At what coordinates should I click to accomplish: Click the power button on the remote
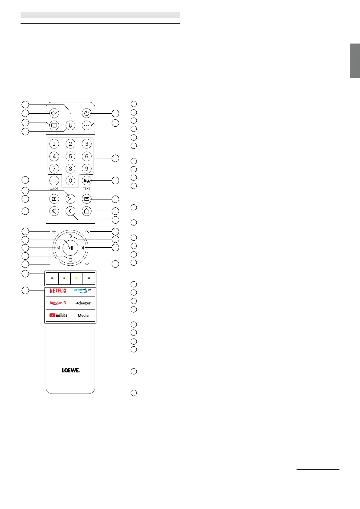click(x=87, y=113)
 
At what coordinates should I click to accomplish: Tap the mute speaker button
click(x=54, y=113)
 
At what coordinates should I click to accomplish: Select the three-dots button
click(x=87, y=125)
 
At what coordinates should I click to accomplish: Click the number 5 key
click(x=70, y=156)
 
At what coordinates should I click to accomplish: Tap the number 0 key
click(x=70, y=181)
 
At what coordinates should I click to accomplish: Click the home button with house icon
click(x=87, y=211)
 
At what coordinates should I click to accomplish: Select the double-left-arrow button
click(x=54, y=211)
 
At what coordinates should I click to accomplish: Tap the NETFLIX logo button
click(x=58, y=291)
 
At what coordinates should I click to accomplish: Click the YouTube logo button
click(x=58, y=315)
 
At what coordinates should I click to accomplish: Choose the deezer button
click(x=83, y=303)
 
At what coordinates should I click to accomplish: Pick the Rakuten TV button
click(x=58, y=303)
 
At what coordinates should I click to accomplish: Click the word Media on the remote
click(x=83, y=315)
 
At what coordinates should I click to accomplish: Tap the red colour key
click(x=52, y=278)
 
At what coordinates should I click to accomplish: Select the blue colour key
click(x=89, y=278)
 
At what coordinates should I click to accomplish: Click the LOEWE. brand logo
click(x=71, y=370)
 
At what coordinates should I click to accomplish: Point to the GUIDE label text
click(x=54, y=189)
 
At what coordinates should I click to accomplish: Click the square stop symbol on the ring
click(x=70, y=260)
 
